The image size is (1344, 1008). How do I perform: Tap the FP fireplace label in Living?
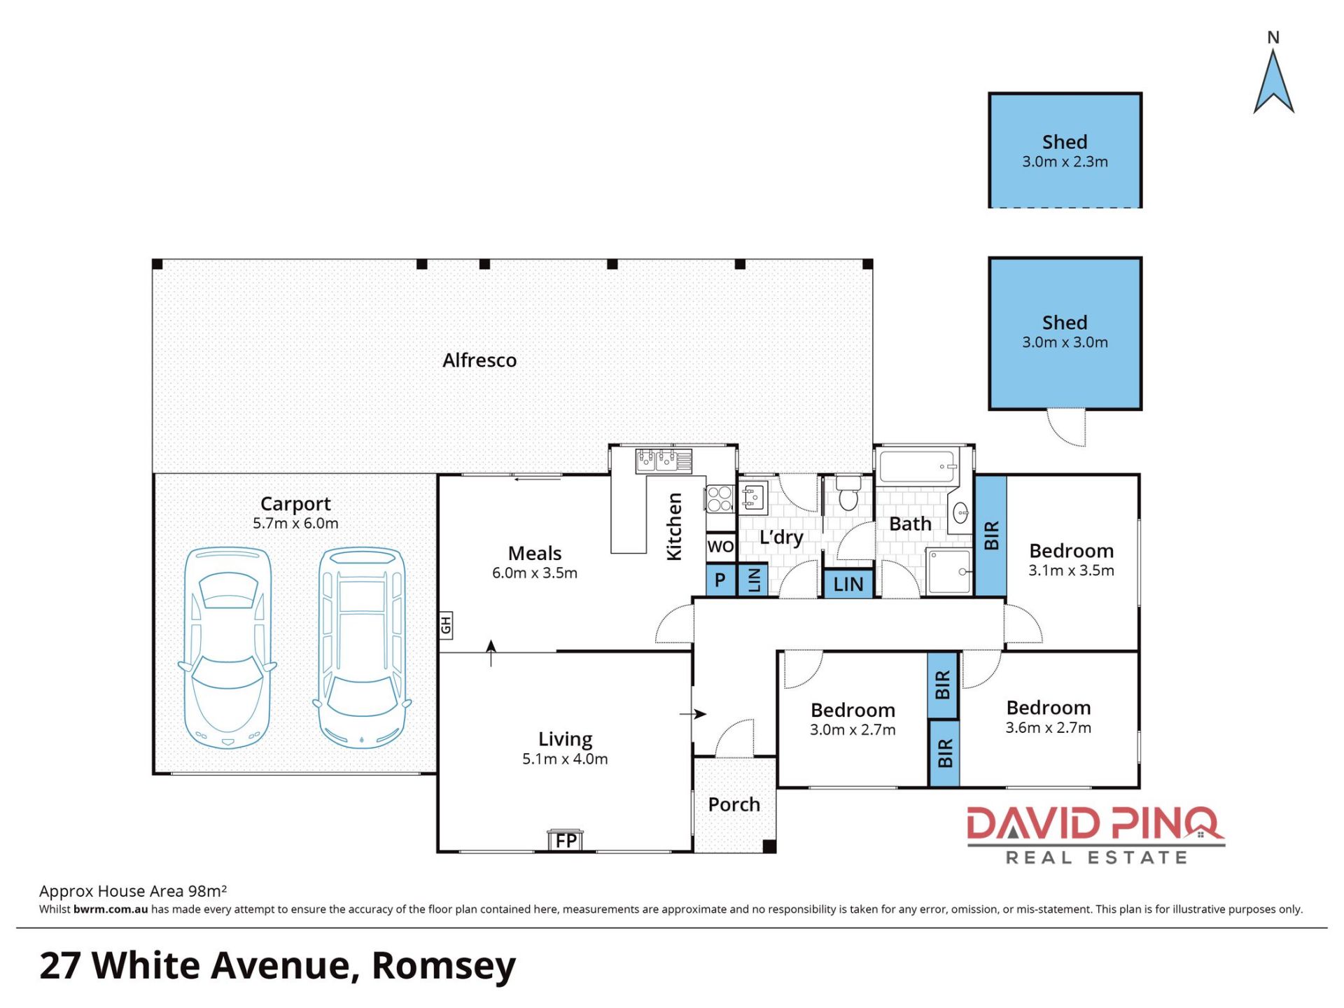[x=566, y=840]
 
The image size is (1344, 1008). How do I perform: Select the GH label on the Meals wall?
[x=446, y=624]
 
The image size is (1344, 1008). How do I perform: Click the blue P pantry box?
[x=720, y=580]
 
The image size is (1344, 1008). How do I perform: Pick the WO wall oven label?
[x=720, y=546]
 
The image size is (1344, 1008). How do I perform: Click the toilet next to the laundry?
[x=848, y=492]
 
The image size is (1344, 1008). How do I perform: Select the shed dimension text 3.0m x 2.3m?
[x=1065, y=162]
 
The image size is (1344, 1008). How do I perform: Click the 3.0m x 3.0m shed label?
[x=1065, y=342]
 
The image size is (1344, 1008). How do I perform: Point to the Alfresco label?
[x=479, y=360]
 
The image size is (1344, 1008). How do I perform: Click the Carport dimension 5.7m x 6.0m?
[x=295, y=523]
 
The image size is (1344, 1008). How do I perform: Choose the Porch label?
[x=734, y=804]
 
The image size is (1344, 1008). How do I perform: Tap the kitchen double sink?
[x=657, y=460]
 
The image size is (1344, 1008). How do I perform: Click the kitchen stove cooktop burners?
[x=720, y=499]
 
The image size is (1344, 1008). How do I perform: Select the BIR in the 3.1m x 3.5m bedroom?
[x=990, y=535]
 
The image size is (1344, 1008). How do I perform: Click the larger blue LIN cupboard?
[x=848, y=584]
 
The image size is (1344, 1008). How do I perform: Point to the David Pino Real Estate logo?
[x=1095, y=835]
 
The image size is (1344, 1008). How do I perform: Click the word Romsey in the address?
[x=444, y=966]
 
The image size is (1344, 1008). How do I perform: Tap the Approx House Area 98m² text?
[x=133, y=891]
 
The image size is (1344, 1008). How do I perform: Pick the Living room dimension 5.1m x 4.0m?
[x=565, y=759]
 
